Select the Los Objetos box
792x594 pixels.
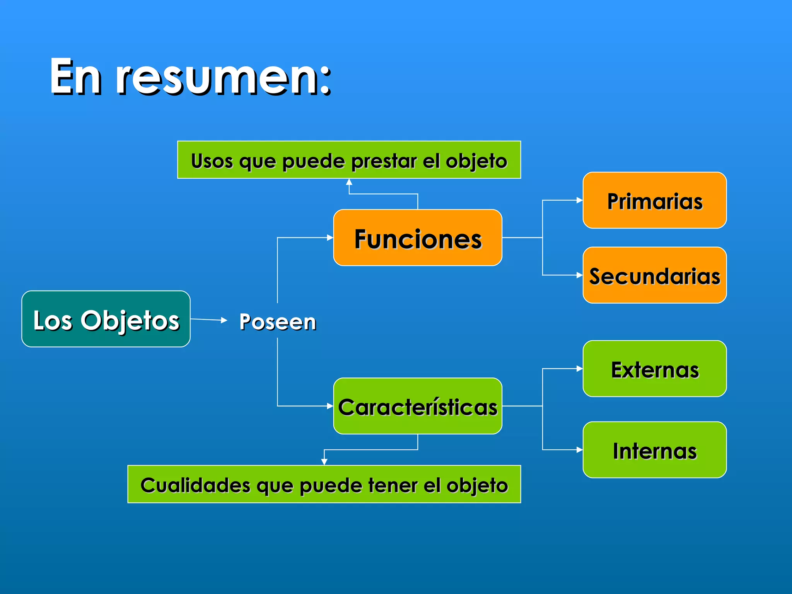(x=106, y=319)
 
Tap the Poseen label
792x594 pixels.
(x=278, y=322)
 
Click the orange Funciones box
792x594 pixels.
(x=418, y=238)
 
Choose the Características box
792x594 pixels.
(x=418, y=406)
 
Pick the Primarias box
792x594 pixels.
(x=654, y=200)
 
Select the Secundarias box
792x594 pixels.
(x=654, y=275)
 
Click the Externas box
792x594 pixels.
(x=654, y=369)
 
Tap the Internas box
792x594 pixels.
(x=654, y=450)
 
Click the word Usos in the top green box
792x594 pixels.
(x=212, y=161)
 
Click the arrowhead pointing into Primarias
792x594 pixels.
(x=579, y=200)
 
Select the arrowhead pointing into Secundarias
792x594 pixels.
(x=579, y=275)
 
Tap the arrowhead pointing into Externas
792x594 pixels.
(x=579, y=369)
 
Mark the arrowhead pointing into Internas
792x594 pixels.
(x=579, y=450)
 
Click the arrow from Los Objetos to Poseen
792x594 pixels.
(x=209, y=319)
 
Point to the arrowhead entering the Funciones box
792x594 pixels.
(x=330, y=237)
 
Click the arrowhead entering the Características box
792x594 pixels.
(x=330, y=406)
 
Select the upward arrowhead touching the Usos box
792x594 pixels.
(x=349, y=182)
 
